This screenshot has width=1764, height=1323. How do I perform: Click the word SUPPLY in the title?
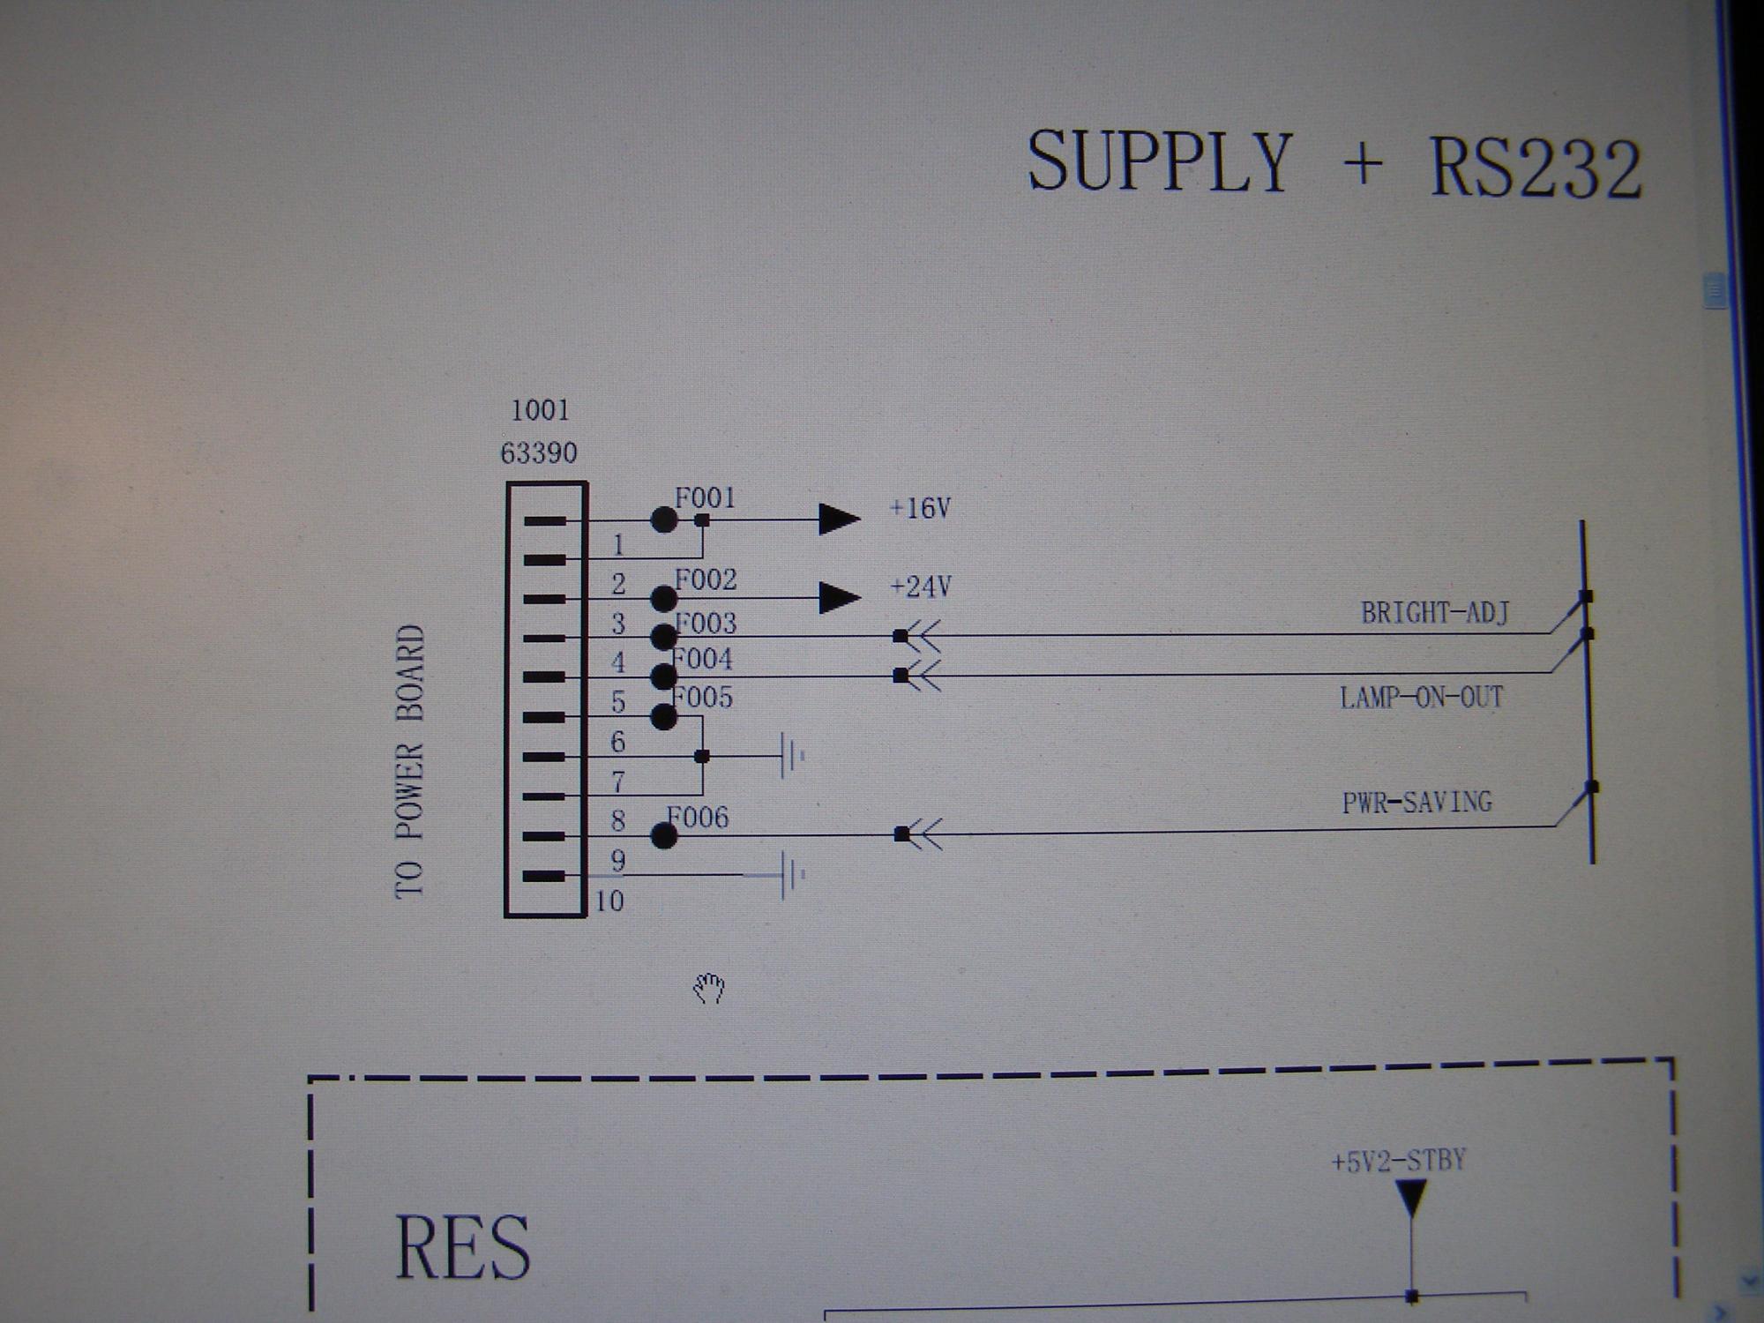(1160, 161)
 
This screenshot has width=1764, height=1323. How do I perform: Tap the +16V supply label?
(920, 508)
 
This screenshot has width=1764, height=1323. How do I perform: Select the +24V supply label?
(920, 587)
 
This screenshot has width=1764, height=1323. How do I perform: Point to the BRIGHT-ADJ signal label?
(1435, 612)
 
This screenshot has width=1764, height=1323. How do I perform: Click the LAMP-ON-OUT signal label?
(1421, 698)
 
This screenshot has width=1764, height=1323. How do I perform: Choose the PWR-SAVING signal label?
(1416, 802)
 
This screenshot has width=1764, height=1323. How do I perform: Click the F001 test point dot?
(664, 519)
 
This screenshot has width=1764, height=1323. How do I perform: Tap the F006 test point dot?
(664, 835)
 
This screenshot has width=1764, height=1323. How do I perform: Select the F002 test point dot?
(664, 599)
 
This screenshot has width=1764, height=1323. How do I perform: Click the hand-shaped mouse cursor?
(709, 989)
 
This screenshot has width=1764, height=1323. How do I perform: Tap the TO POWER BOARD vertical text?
(409, 762)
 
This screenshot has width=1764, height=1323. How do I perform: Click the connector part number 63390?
(539, 453)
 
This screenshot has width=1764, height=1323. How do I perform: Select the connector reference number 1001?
(541, 410)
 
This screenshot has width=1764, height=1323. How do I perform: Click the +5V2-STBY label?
(1399, 1161)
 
